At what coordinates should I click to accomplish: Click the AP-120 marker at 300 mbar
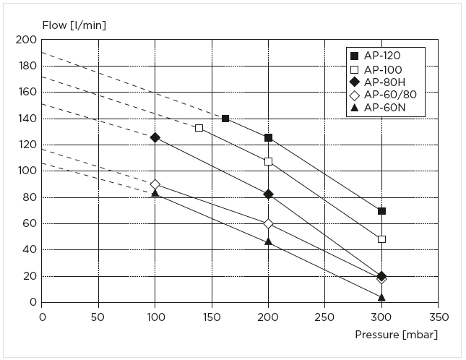point(381,211)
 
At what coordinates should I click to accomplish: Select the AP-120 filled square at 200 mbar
point(268,137)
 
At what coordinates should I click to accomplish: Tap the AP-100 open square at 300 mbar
point(381,239)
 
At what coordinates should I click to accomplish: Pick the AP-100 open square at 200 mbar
point(268,161)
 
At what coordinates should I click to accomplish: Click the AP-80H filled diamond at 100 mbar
point(155,137)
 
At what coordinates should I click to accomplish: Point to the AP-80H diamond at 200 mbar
point(268,194)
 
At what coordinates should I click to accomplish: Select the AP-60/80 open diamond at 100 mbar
point(155,184)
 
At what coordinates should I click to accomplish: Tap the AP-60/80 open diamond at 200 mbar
point(268,224)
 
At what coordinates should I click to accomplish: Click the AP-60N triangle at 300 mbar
point(381,297)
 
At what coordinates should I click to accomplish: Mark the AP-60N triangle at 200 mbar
point(268,241)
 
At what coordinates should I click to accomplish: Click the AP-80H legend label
point(384,82)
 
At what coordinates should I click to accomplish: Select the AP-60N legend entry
point(384,108)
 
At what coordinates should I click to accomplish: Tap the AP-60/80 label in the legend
point(390,95)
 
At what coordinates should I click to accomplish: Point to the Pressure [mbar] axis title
point(396,335)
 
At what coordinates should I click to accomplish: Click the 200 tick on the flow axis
point(26,40)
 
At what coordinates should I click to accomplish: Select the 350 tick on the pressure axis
point(438,317)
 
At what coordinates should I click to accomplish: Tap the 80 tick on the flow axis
point(29,197)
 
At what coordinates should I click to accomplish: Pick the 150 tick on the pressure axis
point(212,317)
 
